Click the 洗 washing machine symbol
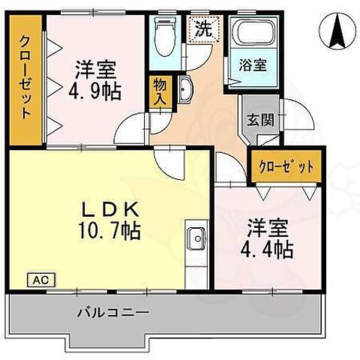click(202, 31)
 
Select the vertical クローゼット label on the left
click(26, 78)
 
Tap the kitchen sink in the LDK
click(196, 239)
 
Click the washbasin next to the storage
click(185, 92)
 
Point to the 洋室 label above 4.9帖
click(94, 68)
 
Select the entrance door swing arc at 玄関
click(297, 120)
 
